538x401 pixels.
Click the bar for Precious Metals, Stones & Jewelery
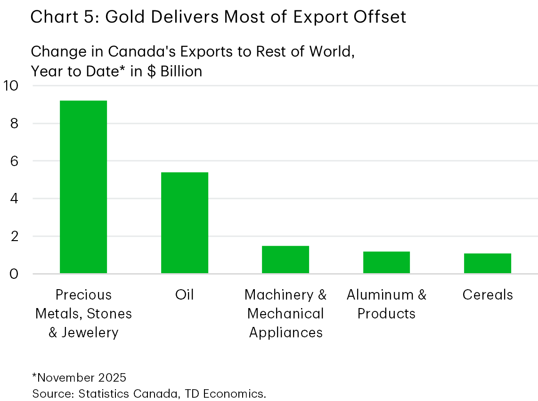(83, 187)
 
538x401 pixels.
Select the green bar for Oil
(184, 223)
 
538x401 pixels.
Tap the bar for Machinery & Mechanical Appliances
(285, 259)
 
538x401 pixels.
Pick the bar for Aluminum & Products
(386, 262)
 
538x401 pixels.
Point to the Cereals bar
(487, 263)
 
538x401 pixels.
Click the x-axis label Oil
(184, 295)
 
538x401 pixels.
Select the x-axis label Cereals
(487, 295)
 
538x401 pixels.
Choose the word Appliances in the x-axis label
(285, 333)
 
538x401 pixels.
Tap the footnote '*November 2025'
(79, 378)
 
